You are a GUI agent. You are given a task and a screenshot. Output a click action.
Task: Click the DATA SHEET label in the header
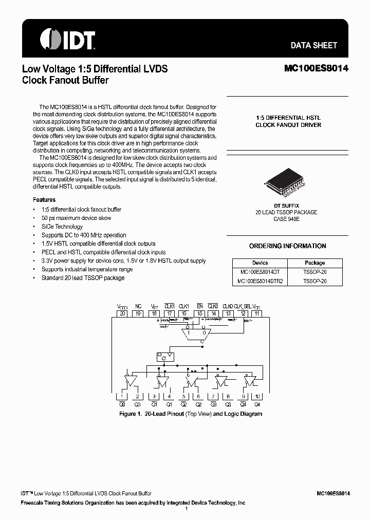(313, 45)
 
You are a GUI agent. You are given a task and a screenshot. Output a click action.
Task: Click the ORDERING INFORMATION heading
(287, 246)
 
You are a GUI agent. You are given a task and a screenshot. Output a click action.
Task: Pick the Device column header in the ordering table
(260, 263)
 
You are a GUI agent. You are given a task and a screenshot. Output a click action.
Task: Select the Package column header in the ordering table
(314, 263)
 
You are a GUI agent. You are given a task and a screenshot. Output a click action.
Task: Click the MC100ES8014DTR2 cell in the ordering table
(260, 281)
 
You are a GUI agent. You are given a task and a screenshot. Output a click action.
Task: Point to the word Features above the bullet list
(44, 200)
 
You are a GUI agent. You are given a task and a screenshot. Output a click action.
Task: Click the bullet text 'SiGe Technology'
(62, 227)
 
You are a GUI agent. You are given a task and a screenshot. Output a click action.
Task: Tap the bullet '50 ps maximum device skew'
(76, 218)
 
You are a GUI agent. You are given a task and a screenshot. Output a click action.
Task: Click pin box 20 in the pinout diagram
(122, 313)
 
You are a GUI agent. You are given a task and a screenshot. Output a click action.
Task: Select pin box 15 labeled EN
(200, 313)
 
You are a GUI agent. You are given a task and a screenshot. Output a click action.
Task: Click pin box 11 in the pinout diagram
(257, 313)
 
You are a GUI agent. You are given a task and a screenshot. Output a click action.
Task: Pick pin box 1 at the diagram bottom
(122, 396)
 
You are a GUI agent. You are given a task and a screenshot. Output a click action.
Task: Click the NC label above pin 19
(138, 306)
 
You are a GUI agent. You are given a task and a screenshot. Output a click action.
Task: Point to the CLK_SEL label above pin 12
(244, 306)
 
